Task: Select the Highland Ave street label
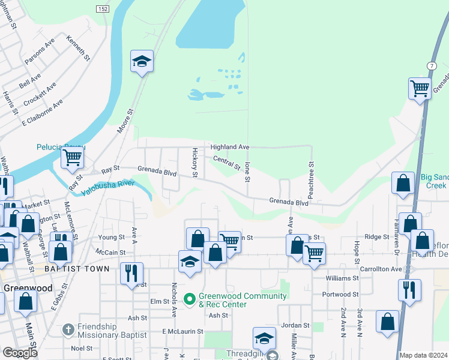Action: (x=229, y=147)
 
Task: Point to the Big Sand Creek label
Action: (x=433, y=181)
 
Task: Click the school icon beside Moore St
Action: (x=142, y=61)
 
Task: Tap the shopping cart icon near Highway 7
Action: (x=420, y=89)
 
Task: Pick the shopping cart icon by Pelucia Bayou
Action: (x=72, y=158)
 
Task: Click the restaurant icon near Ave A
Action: (x=131, y=274)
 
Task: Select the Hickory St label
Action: (x=194, y=163)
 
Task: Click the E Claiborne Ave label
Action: (x=42, y=113)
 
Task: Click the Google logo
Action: (x=20, y=353)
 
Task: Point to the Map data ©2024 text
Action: (x=423, y=355)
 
